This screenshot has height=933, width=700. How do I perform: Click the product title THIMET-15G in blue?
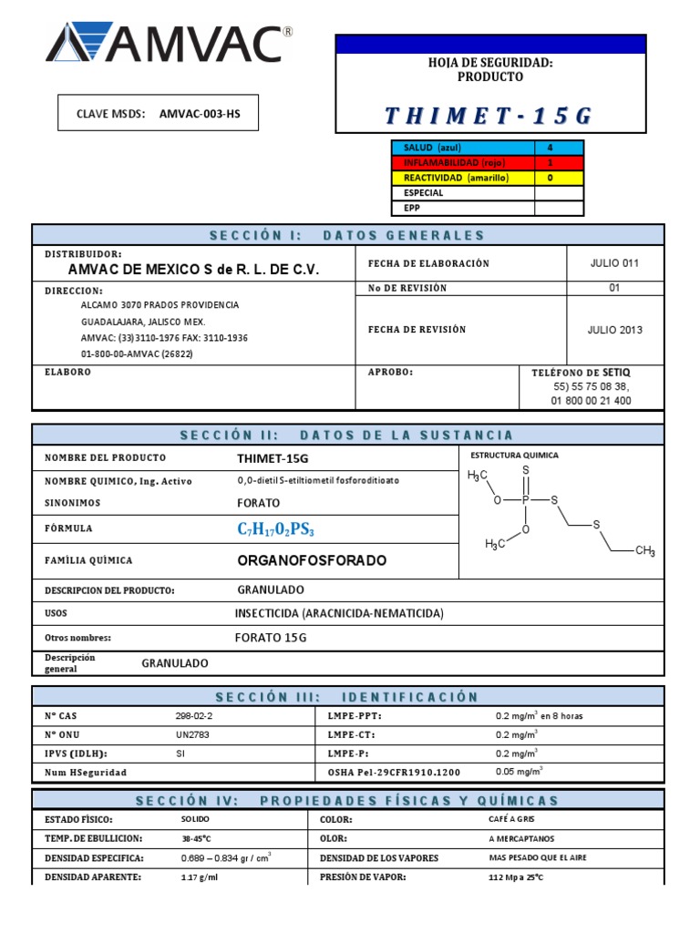tap(489, 115)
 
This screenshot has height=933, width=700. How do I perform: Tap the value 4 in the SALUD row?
tap(550, 148)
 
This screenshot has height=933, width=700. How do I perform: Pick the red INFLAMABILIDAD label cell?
tap(462, 163)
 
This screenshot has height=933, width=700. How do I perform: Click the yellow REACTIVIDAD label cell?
tap(462, 178)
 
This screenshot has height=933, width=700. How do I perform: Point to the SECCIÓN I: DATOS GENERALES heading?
tap(347, 235)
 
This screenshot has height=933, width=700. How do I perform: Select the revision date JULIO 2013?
tap(614, 330)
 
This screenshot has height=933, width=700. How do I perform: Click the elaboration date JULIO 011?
tap(614, 263)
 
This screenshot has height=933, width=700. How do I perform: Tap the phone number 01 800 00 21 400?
tap(592, 400)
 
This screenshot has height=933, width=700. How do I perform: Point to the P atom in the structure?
tap(525, 500)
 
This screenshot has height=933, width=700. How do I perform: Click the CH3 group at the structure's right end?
tap(644, 551)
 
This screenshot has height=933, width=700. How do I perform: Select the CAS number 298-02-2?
tap(193, 716)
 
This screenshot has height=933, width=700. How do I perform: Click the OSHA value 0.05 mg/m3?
tap(519, 772)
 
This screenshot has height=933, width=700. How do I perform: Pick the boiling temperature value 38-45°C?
tap(199, 839)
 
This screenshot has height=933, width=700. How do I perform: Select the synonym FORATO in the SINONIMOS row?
tap(259, 503)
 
